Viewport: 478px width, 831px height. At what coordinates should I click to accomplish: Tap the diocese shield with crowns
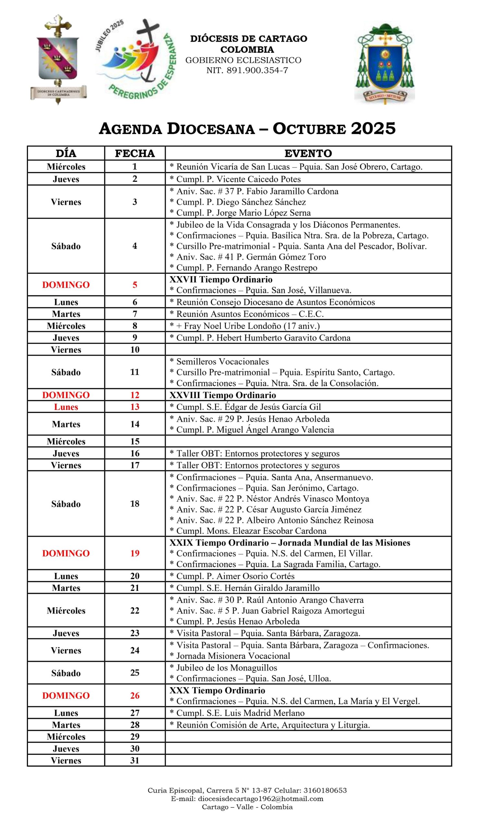tap(58, 59)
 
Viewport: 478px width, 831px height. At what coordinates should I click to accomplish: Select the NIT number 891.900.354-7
tap(247, 70)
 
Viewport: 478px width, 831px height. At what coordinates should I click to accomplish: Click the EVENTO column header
tap(308, 153)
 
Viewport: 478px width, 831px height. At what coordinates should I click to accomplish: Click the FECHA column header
tap(135, 153)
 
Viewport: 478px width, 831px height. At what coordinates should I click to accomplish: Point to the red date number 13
tap(135, 407)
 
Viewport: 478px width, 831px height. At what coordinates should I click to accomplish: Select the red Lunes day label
tap(66, 407)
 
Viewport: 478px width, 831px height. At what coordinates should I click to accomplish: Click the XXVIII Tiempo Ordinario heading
tap(223, 395)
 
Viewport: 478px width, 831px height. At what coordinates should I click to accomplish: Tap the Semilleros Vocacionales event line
tap(219, 362)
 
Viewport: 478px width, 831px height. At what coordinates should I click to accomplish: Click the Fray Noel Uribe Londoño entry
tap(245, 326)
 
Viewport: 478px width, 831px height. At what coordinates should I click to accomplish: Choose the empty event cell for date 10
tap(308, 349)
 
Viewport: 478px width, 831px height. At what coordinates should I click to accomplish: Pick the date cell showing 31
tap(135, 761)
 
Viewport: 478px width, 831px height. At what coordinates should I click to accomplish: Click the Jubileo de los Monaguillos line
tap(223, 667)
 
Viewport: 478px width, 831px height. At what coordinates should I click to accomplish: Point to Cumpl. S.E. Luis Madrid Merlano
tap(237, 713)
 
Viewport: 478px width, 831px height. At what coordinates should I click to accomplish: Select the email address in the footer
tap(247, 799)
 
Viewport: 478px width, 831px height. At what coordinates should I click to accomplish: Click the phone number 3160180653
tap(325, 791)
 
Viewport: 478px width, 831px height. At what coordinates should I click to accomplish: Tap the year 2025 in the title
tap(373, 128)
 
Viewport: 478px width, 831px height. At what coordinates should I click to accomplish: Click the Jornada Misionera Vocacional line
tap(230, 656)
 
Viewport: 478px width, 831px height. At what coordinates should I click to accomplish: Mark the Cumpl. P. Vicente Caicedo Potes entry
tap(235, 179)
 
